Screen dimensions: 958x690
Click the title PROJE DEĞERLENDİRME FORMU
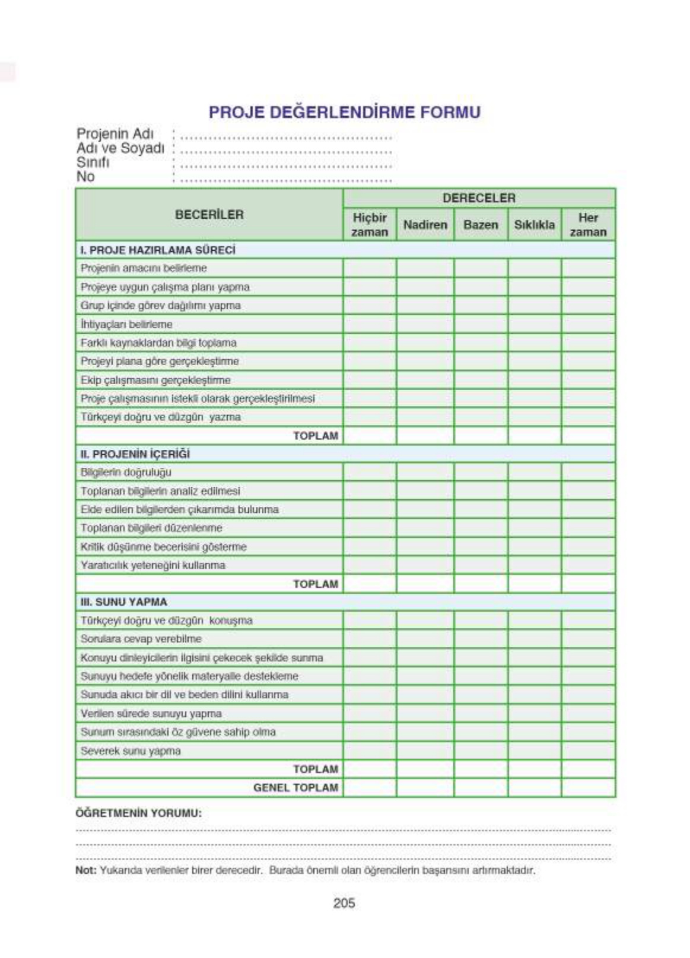click(344, 112)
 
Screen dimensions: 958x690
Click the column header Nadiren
click(425, 225)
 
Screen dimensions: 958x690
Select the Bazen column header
click(481, 225)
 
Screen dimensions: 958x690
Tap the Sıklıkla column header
click(534, 225)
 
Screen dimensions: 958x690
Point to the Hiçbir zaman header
click(369, 225)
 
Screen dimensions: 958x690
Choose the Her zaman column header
click(588, 225)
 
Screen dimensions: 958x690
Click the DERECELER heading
click(479, 198)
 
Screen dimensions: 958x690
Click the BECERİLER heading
click(209, 215)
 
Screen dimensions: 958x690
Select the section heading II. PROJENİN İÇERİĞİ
click(135, 454)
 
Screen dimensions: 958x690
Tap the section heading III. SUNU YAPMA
click(124, 602)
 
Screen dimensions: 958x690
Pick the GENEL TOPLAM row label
click(295, 788)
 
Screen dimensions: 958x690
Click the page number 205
click(344, 903)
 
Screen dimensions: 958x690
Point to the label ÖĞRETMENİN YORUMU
click(138, 813)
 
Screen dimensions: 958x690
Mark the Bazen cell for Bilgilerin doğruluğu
click(481, 472)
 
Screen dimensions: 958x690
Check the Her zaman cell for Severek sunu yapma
click(588, 751)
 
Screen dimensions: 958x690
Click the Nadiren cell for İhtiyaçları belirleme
click(425, 324)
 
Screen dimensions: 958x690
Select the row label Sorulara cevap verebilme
click(141, 639)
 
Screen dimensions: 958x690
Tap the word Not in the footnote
click(85, 871)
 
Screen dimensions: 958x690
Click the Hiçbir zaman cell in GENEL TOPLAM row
click(369, 788)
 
